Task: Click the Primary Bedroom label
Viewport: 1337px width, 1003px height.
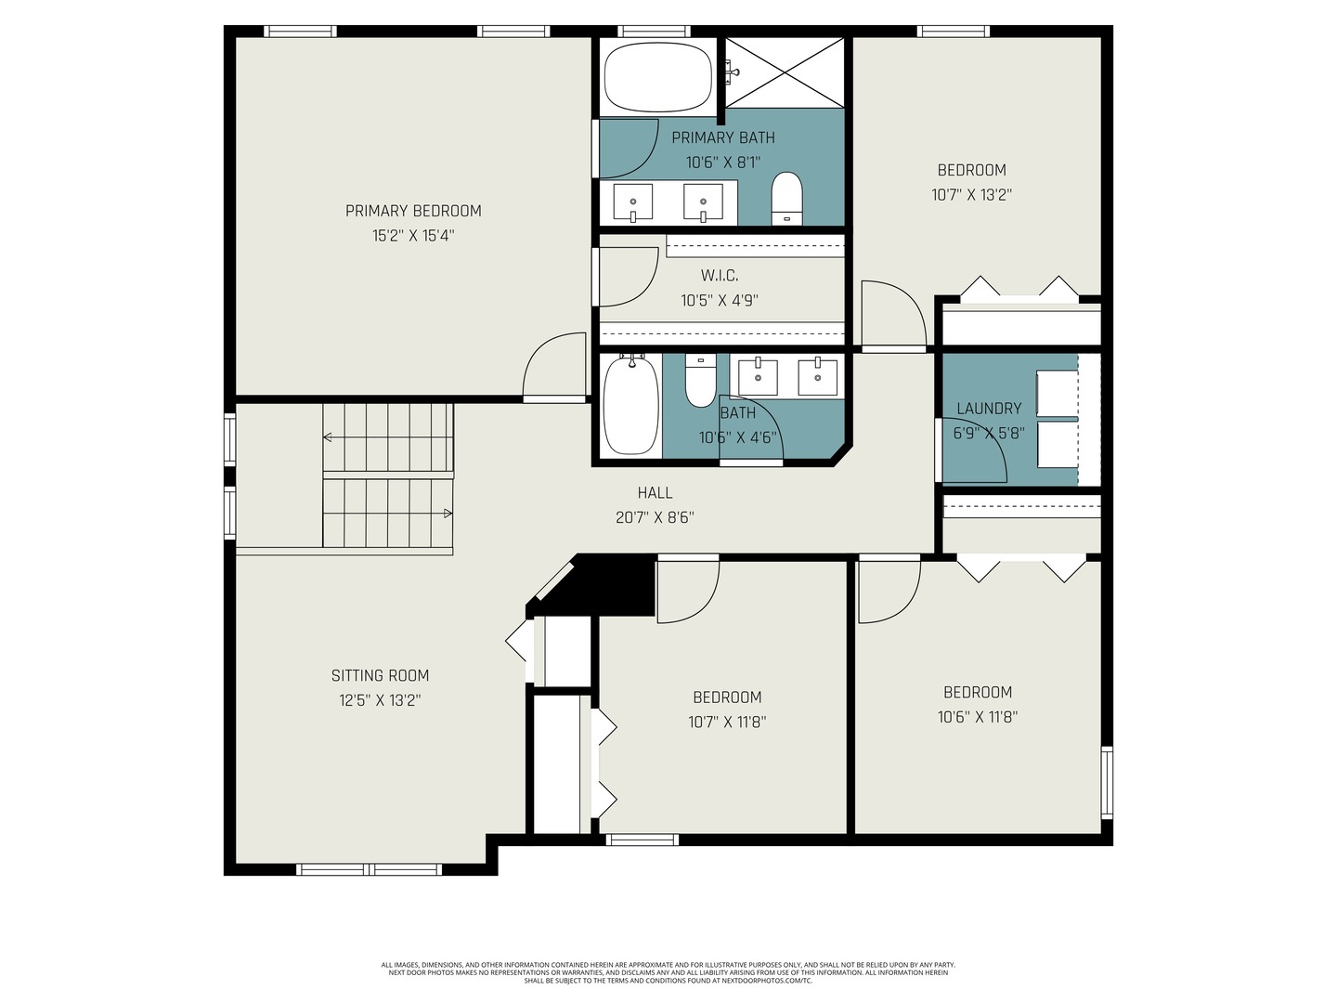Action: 413,211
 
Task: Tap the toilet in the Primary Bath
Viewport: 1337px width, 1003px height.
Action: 786,199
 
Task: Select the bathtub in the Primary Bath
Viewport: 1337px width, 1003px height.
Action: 658,77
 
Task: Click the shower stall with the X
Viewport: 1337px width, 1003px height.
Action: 785,73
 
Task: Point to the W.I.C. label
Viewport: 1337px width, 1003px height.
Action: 720,276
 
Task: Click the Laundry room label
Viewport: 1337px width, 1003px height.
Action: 989,409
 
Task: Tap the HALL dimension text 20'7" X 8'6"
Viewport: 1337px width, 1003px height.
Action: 655,517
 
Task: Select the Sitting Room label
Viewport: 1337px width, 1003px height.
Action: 380,675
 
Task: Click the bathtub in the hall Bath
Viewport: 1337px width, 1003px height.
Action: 631,406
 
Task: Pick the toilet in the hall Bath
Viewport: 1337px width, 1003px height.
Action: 700,381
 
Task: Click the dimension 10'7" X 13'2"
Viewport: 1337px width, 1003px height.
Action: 971,195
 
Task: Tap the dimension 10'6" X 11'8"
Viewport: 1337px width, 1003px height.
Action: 978,717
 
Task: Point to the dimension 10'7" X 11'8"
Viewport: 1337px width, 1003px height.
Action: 727,722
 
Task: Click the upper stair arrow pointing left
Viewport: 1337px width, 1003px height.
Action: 387,437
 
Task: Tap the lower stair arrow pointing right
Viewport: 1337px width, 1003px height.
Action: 387,514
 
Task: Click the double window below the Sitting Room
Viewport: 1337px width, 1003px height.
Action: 370,869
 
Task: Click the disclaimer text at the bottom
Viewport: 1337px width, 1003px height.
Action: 668,972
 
